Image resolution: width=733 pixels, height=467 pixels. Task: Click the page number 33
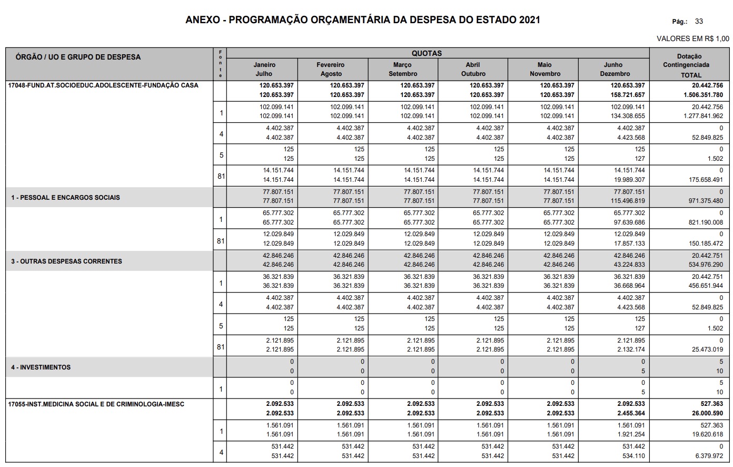[x=699, y=22]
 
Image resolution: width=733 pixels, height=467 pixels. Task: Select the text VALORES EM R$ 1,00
[x=693, y=38]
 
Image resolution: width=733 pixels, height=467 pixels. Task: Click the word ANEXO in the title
[x=202, y=20]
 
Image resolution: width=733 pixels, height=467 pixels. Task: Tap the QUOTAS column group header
[x=427, y=53]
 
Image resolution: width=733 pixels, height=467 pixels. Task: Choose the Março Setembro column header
[x=403, y=69]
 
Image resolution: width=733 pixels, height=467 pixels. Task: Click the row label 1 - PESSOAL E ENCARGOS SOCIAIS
[x=66, y=198]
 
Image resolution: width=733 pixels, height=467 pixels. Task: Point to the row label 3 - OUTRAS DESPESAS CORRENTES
[x=67, y=261]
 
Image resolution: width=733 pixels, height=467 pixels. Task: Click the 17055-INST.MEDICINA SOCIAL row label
[x=96, y=404]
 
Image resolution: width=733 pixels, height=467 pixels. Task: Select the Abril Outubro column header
[x=473, y=69]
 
